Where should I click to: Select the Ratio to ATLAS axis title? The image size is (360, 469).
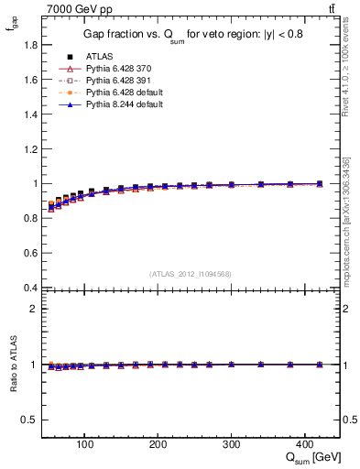[x=13, y=365]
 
